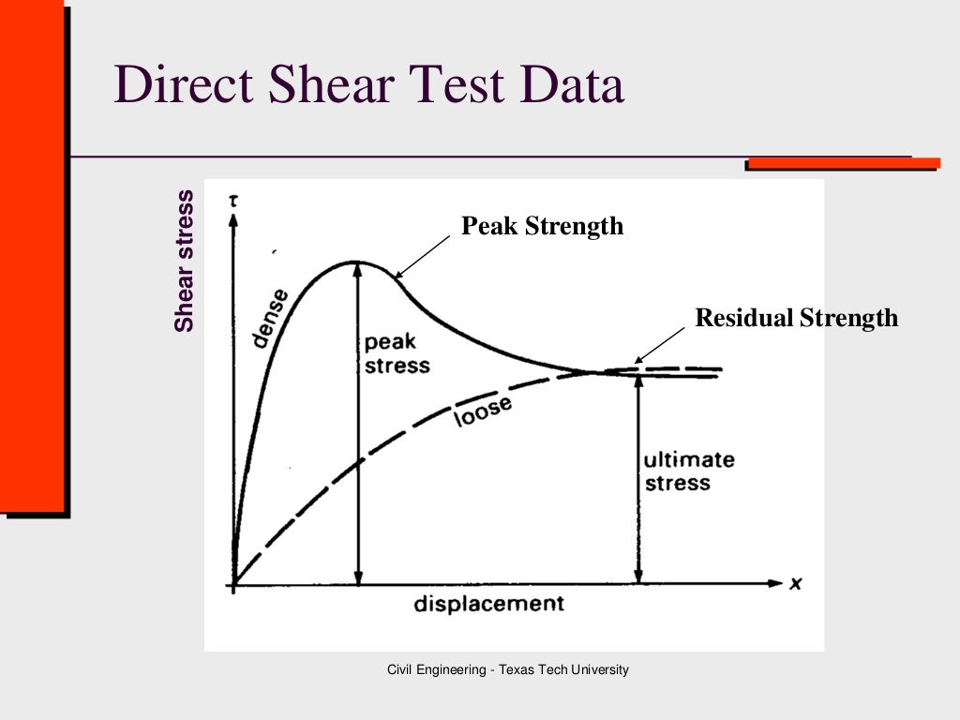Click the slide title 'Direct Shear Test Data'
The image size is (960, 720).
click(x=368, y=85)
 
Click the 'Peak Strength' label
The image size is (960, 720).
click(x=542, y=226)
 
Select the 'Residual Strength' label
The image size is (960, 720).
click(x=796, y=318)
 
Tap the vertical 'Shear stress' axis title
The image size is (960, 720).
click(x=185, y=261)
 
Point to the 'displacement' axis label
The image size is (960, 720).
click(x=489, y=603)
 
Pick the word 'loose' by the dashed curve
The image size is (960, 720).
click(x=483, y=411)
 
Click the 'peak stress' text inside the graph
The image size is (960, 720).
click(x=397, y=353)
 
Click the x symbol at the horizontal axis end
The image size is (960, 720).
click(x=795, y=583)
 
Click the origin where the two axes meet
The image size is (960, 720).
click(x=233, y=584)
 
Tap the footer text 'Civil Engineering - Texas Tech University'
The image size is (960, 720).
click(x=508, y=669)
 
